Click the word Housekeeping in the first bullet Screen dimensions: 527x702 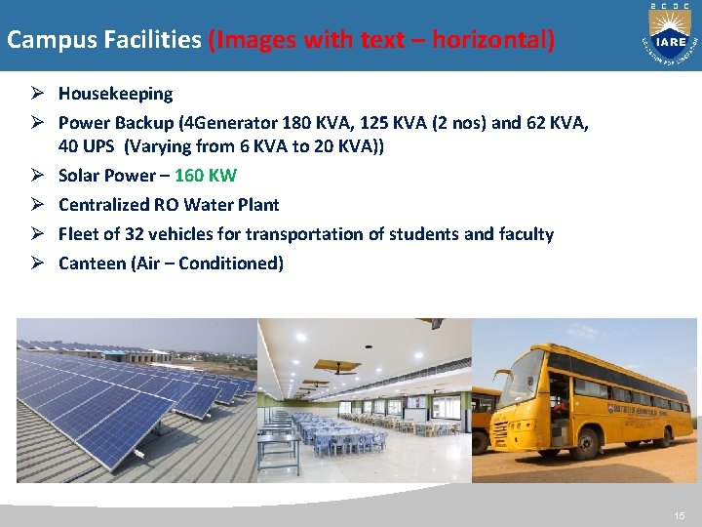(115, 94)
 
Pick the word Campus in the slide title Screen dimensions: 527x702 (41, 41)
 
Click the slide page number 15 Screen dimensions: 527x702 (679, 514)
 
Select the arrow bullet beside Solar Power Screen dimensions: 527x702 (34, 176)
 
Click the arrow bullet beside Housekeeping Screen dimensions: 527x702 (34, 94)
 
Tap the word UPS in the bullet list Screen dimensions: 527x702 (100, 146)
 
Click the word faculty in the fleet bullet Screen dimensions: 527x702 (526, 234)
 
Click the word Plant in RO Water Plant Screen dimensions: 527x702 (258, 205)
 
